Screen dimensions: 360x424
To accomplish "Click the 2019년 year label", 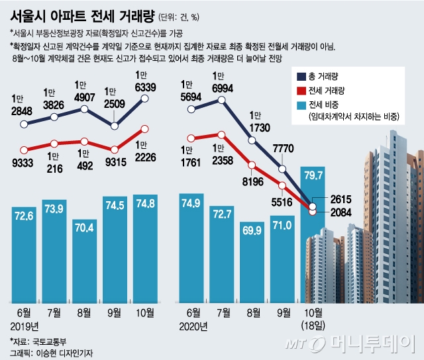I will click(x=26, y=326).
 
